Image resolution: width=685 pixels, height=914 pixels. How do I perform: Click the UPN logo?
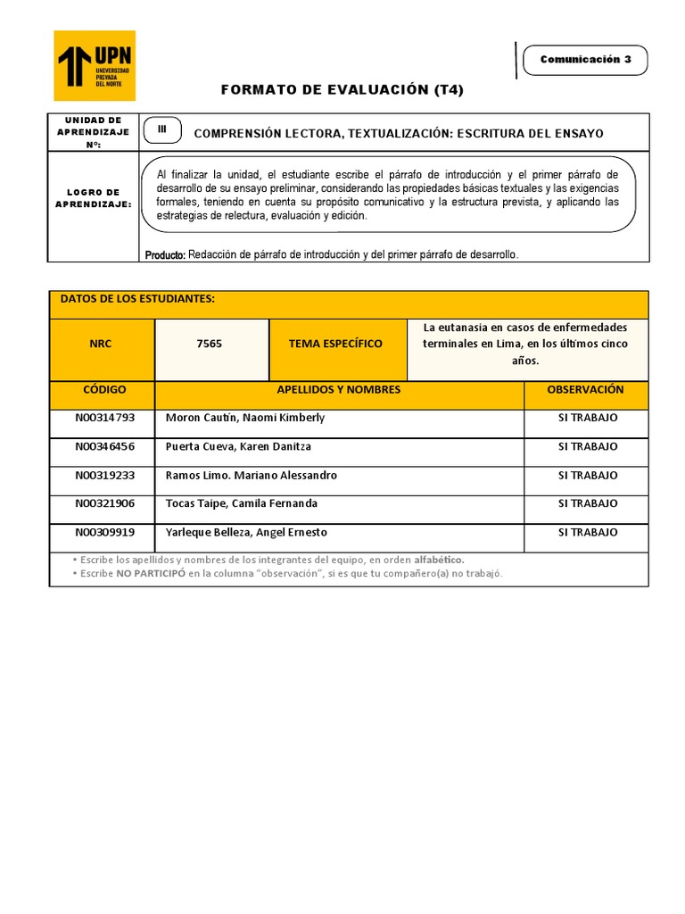click(95, 65)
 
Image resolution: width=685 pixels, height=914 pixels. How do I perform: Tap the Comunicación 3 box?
click(585, 60)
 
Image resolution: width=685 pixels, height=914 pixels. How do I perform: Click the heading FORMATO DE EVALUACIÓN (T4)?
click(342, 90)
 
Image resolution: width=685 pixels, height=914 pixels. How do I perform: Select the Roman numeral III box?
click(161, 129)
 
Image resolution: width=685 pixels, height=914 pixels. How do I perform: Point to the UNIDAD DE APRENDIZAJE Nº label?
click(94, 131)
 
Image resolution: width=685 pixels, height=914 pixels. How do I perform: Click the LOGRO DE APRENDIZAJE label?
click(94, 198)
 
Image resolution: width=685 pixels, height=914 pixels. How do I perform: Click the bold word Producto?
click(165, 255)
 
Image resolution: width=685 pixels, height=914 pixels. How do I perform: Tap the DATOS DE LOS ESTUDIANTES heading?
click(137, 299)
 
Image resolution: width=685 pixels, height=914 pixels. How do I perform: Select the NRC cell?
click(101, 344)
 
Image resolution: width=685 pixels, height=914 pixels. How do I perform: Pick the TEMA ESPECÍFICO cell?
click(335, 344)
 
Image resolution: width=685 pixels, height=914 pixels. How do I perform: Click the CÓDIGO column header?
click(104, 390)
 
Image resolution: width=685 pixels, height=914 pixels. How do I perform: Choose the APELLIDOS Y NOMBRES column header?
click(339, 390)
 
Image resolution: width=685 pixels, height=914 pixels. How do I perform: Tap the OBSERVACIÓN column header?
click(585, 390)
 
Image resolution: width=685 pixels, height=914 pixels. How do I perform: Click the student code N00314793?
click(105, 418)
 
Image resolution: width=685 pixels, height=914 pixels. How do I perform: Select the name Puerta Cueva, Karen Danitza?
click(238, 446)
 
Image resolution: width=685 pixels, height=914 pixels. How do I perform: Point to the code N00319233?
click(105, 476)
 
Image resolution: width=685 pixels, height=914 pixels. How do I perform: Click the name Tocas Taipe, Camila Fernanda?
click(242, 503)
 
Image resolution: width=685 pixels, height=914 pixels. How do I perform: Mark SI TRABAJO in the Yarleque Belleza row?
click(587, 532)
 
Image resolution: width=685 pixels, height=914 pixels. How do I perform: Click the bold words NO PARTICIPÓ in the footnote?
click(150, 573)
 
